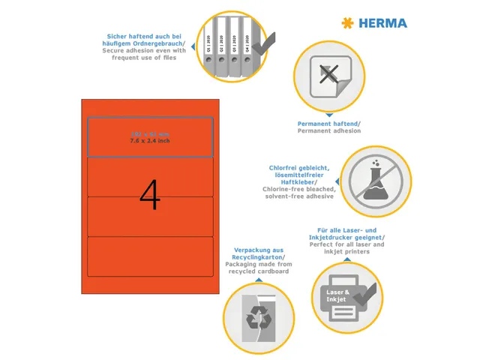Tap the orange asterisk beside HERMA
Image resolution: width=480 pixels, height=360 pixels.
(346, 23)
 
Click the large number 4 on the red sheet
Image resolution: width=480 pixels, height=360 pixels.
(150, 195)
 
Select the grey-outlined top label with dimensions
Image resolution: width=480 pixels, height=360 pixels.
(150, 137)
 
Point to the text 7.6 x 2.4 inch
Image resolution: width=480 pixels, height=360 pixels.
(150, 141)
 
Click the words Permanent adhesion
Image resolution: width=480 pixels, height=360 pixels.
(329, 130)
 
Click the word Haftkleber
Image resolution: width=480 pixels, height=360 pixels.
(289, 182)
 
